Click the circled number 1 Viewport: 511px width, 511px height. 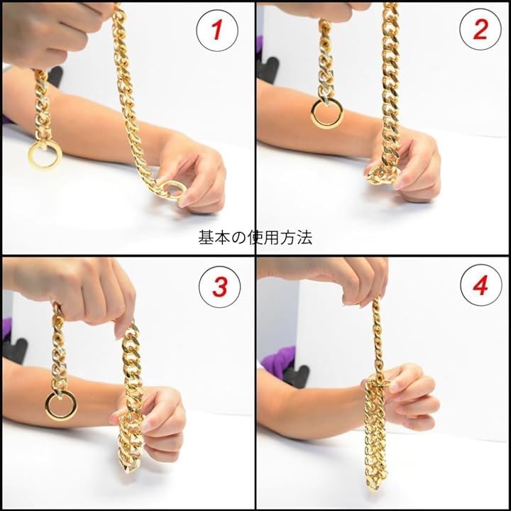(217, 31)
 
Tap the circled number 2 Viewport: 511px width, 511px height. (480, 30)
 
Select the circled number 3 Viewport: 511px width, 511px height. (219, 287)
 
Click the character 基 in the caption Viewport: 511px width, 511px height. (206, 238)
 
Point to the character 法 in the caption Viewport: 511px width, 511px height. (304, 238)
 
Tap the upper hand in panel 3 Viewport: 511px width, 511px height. (75, 293)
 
